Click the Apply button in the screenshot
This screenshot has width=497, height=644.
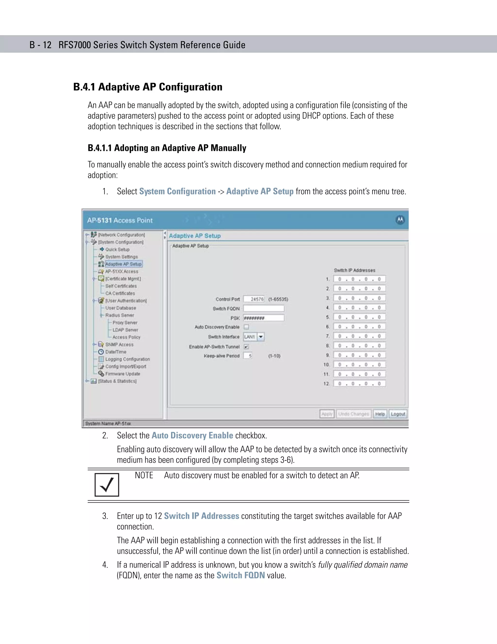pos(327,414)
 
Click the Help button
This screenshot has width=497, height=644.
pos(380,414)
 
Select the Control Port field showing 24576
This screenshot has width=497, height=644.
pos(254,299)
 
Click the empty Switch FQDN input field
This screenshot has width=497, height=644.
pos(264,308)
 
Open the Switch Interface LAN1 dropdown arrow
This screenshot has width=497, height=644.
pos(261,337)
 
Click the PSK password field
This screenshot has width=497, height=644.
pos(264,318)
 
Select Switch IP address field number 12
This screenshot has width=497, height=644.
pos(359,384)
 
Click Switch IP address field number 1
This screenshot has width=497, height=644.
pos(359,279)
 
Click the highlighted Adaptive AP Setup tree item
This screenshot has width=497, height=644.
pos(123,264)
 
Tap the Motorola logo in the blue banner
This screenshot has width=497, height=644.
pos(400,220)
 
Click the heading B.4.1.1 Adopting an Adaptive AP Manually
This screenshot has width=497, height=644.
pos(167,148)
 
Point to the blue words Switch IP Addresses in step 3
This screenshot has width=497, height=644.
pos(201,516)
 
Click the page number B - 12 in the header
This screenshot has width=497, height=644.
pos(40,45)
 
